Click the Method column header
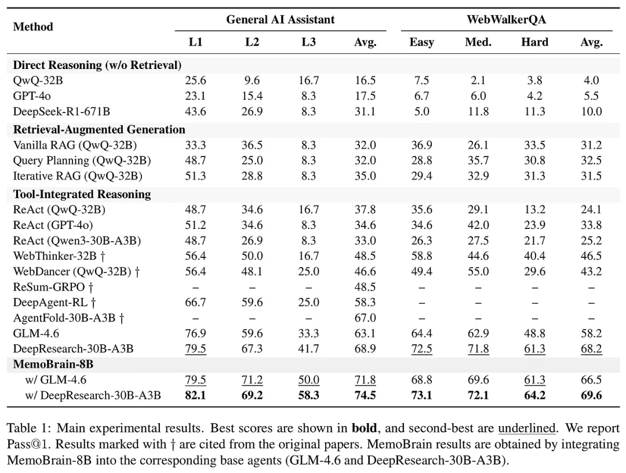tap(33, 27)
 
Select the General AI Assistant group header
tap(280, 19)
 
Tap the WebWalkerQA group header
tap(506, 19)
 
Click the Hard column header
tap(534, 42)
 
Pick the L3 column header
tap(308, 42)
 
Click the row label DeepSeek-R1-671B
tap(61, 111)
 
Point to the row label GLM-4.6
tap(36, 333)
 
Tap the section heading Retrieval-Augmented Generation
tap(99, 129)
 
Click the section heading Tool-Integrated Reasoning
tap(82, 194)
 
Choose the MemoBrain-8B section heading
tap(53, 365)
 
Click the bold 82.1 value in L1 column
tap(195, 395)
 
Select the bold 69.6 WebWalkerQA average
tap(591, 395)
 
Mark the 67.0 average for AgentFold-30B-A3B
tap(365, 318)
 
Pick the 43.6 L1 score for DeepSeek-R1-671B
tap(195, 111)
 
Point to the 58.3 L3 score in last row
tap(308, 395)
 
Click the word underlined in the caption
tap(527, 430)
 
